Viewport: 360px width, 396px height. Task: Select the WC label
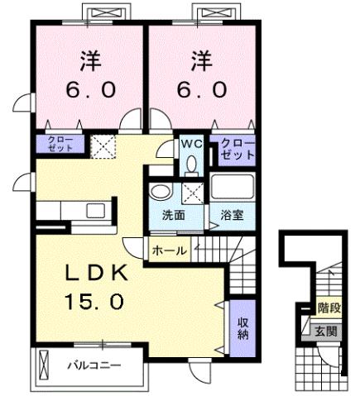[x=191, y=141]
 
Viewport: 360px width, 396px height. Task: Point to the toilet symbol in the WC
[x=191, y=163]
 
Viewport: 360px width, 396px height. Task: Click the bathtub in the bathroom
[x=233, y=187]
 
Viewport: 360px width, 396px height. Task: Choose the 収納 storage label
[x=243, y=330]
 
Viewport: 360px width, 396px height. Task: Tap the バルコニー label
[x=93, y=364]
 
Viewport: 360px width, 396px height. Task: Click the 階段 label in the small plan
[x=329, y=308]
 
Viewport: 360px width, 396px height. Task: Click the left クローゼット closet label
[x=59, y=145]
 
